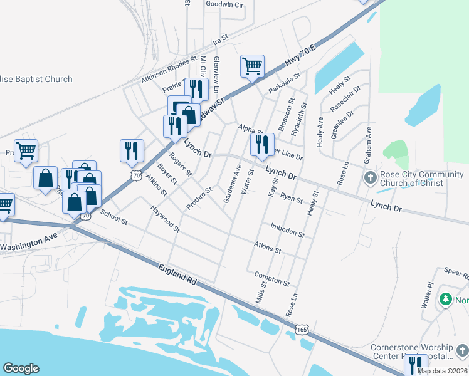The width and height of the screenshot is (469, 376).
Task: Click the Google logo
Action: pos(21,368)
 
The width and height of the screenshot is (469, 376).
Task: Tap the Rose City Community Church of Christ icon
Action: pos(370,179)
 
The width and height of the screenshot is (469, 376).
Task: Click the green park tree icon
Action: pos(446,300)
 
